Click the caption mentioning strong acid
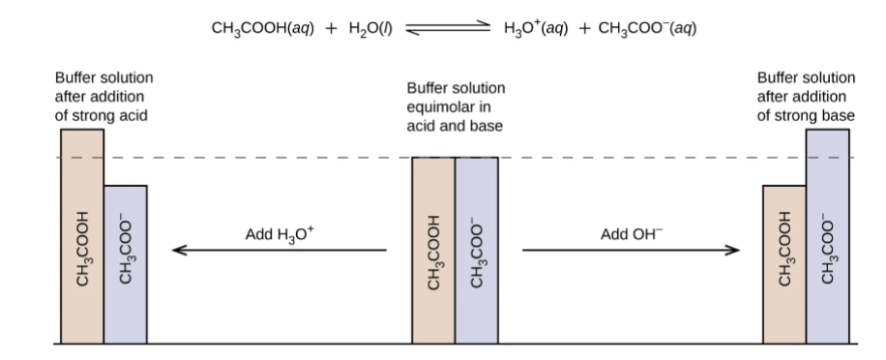(103, 96)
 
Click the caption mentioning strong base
(805, 96)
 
